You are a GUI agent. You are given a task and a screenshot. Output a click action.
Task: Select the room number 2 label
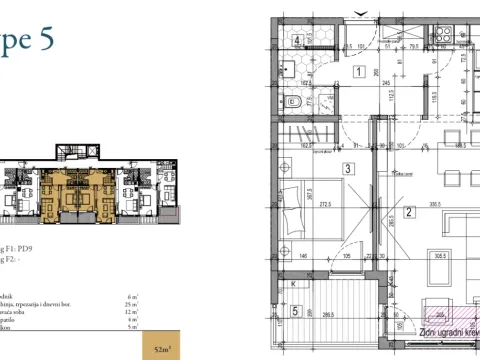[409, 212]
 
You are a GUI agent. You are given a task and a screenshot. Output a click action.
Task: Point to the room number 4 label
[299, 41]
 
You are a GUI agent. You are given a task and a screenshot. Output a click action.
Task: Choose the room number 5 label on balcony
[295, 311]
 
